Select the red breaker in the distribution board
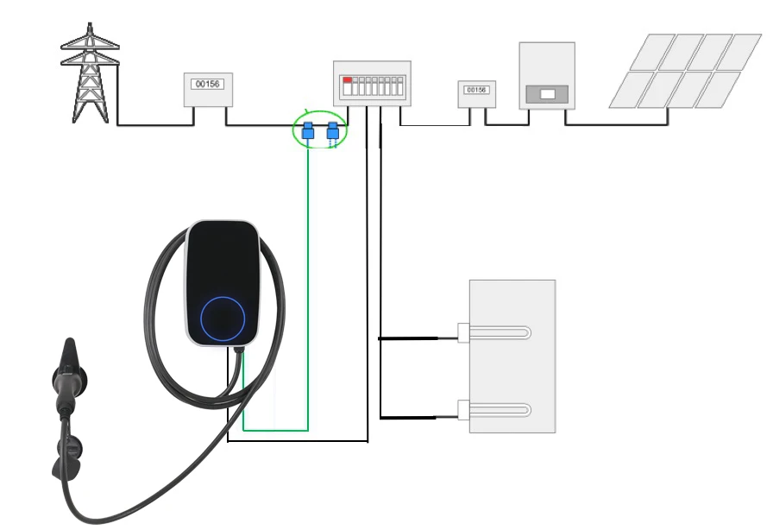[348, 80]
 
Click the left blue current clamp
[307, 132]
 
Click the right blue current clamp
[333, 132]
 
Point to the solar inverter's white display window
[546, 91]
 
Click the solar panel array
[685, 71]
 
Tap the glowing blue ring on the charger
[223, 318]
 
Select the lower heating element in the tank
[496, 410]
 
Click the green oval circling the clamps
[319, 113]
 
